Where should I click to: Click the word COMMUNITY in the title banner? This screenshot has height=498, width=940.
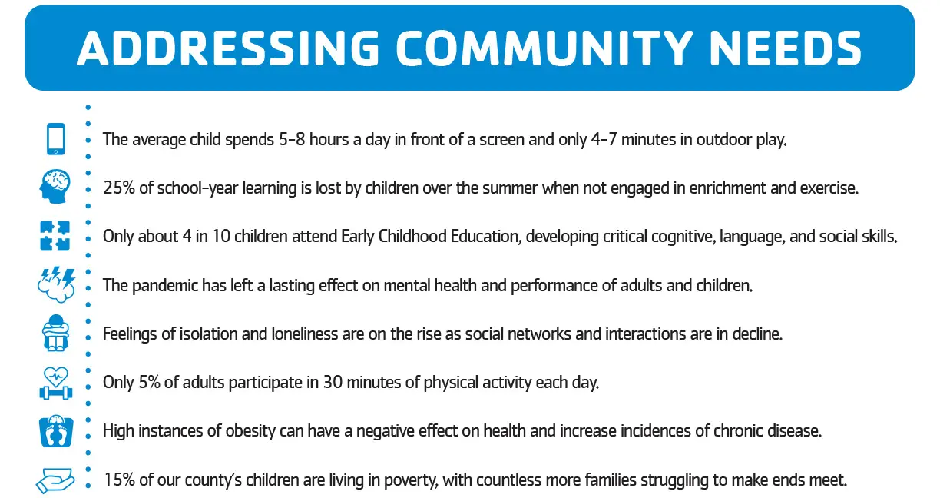(544, 48)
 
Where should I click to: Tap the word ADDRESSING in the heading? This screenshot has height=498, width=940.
(228, 48)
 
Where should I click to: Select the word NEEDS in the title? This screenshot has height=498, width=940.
(785, 48)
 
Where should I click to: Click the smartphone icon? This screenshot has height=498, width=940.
(56, 139)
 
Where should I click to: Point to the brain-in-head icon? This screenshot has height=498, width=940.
(55, 187)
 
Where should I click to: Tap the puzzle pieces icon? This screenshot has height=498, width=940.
(55, 236)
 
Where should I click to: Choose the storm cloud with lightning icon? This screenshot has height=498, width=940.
(56, 284)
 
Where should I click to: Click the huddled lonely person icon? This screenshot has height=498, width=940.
(55, 333)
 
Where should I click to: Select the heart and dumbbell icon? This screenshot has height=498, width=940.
(56, 383)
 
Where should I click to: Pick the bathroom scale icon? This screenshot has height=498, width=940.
(56, 431)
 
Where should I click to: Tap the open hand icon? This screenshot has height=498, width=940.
(55, 480)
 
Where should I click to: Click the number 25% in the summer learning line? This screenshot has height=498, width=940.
(119, 188)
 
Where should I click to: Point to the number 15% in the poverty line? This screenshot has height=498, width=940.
(119, 480)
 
